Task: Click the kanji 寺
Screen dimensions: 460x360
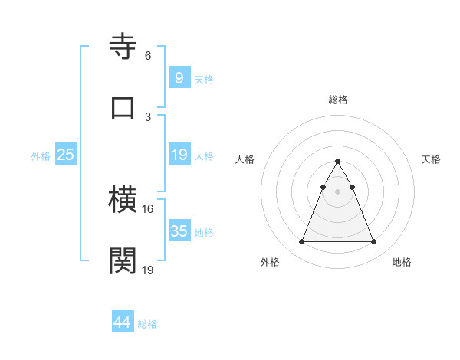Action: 123,47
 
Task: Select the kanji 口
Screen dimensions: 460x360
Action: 123,107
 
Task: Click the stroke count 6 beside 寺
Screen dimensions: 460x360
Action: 147,56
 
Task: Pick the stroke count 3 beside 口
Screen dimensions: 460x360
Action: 147,116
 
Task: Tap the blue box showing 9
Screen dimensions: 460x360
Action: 179,78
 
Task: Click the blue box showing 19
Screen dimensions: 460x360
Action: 179,155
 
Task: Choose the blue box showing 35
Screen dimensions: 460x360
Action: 179,231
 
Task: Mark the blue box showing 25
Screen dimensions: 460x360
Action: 66,155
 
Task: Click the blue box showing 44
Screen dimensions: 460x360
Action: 122,322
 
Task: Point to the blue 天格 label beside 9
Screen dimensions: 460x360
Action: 204,79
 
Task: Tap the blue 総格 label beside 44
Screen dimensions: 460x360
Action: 147,323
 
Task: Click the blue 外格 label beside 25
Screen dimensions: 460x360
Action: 41,155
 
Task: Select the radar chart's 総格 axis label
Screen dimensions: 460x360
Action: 337,100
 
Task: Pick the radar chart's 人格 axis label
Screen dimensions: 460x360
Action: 245,159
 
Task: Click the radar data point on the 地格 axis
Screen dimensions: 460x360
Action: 373,242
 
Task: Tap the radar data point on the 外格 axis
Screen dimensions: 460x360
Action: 301,242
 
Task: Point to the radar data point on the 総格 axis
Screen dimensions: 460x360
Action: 337,161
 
